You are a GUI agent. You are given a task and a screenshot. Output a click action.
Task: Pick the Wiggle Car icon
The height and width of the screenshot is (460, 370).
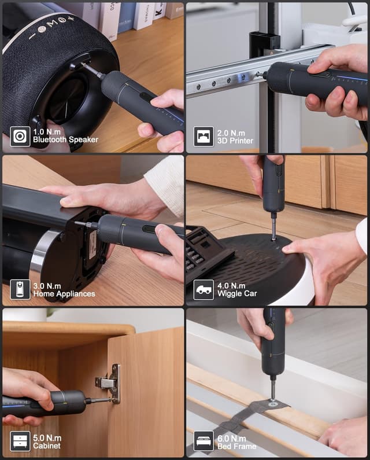pyautogui.click(x=203, y=289)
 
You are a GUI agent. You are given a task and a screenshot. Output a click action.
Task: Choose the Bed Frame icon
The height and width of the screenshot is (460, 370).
pyautogui.click(x=203, y=441)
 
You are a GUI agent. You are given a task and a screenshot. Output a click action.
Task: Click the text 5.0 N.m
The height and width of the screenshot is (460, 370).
pyautogui.click(x=46, y=438)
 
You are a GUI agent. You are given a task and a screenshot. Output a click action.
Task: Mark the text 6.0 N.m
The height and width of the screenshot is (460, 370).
pyautogui.click(x=229, y=438)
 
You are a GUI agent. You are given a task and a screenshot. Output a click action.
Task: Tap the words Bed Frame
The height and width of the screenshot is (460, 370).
pyautogui.click(x=234, y=446)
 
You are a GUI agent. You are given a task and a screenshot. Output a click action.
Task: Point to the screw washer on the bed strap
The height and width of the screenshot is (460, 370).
pyautogui.click(x=272, y=403)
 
